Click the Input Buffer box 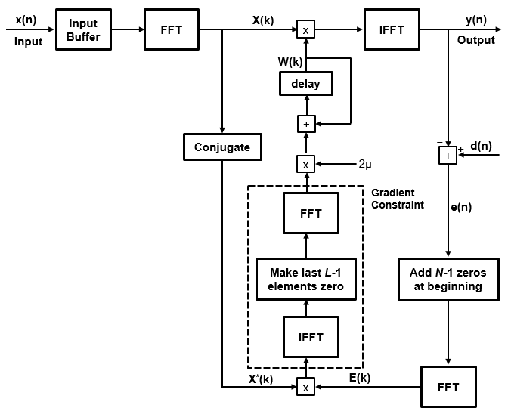coord(83,30)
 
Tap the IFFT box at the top coord(392,30)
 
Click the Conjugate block coord(222,147)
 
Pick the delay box coord(305,84)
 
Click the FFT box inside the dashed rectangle coord(310,213)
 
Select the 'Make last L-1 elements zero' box coord(305,279)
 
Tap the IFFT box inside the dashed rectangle coord(310,337)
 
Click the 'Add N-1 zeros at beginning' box coord(448,280)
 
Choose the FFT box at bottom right coord(448,387)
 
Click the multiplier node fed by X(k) coord(305,30)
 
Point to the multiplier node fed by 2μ coord(305,163)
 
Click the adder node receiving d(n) coord(448,155)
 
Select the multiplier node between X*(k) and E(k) coord(305,387)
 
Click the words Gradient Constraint coord(398,199)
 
